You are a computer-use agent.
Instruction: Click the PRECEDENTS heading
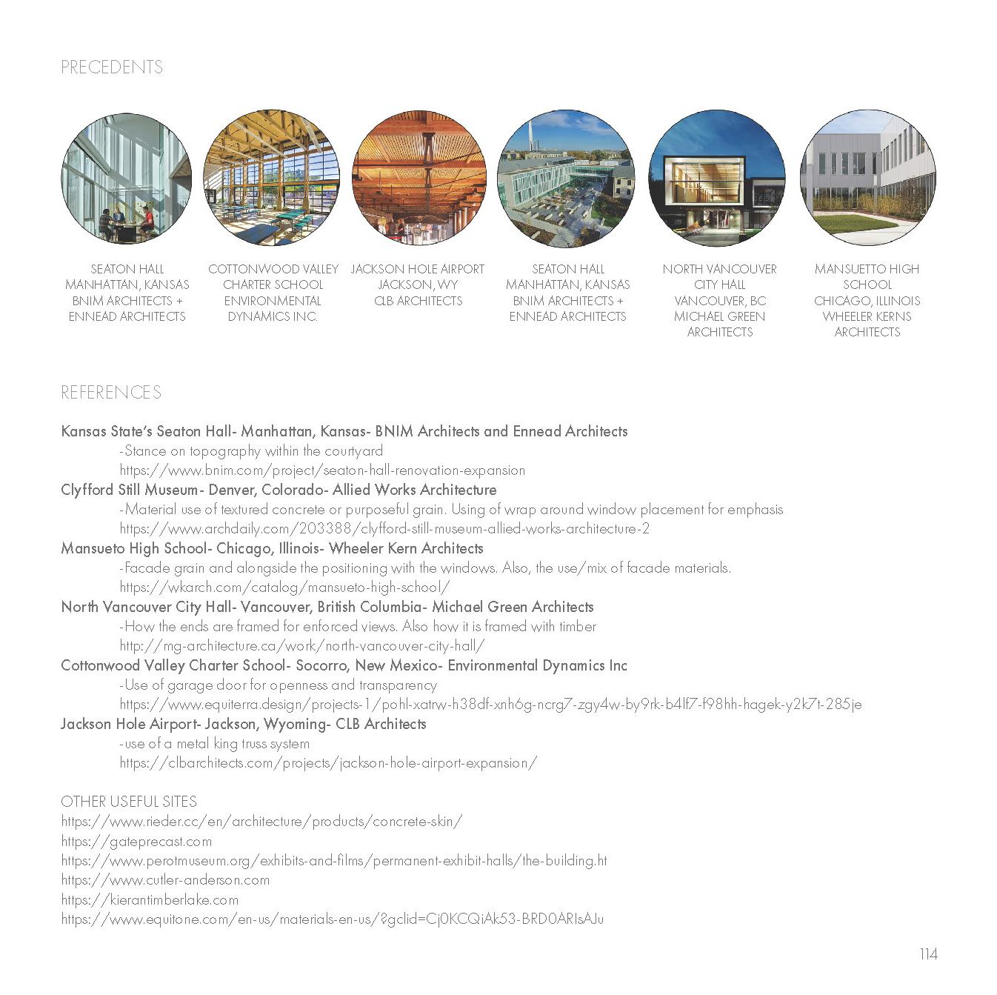pos(112,67)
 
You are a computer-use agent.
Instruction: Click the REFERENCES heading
pos(111,392)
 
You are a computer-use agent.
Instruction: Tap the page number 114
pos(928,954)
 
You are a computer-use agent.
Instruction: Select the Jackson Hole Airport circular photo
pos(419,179)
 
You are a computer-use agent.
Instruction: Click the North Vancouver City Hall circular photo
pos(716,179)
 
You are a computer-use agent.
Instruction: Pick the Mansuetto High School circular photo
pos(867,179)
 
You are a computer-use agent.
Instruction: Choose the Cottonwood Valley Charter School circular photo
pos(271,179)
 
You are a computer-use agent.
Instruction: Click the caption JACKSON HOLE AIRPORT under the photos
pos(418,269)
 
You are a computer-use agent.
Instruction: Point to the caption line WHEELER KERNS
pos(867,316)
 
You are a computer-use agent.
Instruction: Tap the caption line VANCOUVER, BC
pos(719,301)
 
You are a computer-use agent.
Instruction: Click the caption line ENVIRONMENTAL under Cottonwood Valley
pos(273,301)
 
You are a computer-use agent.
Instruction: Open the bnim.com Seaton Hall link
pos(322,470)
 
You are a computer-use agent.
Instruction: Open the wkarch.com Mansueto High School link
pos(284,588)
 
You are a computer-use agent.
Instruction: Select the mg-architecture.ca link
pos(302,646)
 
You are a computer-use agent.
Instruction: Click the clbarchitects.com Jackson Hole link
pos(328,763)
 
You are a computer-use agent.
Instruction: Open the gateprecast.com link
pos(136,842)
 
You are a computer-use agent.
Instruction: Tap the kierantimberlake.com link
pos(150,900)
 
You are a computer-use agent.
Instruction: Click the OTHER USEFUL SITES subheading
pos(129,802)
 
